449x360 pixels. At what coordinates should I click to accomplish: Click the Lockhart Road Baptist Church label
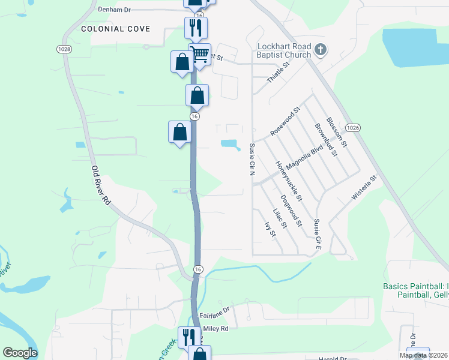284,50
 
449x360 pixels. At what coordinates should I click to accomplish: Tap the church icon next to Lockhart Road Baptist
320,50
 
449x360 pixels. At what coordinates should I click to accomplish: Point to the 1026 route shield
353,128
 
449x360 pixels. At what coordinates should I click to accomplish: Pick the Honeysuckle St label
289,180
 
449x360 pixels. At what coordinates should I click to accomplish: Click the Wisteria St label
363,187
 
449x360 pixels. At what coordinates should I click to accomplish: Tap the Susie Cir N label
252,159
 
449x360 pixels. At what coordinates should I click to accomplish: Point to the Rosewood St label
285,122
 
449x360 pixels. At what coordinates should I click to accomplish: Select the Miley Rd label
217,328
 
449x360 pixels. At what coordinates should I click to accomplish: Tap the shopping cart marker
200,54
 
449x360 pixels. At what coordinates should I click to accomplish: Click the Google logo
20,353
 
